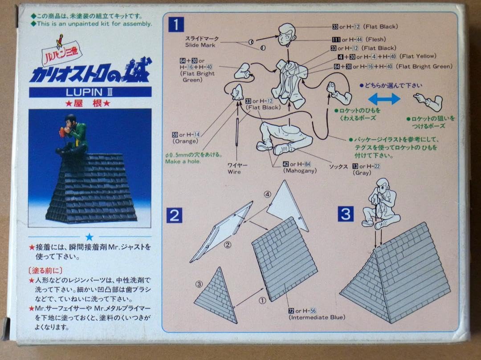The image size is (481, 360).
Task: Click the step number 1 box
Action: (x=177, y=24)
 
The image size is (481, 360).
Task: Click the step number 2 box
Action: (x=175, y=216)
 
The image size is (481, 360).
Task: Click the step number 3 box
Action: (x=345, y=215)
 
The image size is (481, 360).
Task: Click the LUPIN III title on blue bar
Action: (x=90, y=92)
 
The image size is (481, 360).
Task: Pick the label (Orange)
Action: (x=185, y=141)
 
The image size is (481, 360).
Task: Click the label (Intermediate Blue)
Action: (x=317, y=317)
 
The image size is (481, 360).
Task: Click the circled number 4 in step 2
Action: (x=267, y=194)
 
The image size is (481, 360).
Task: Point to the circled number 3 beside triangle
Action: (x=200, y=284)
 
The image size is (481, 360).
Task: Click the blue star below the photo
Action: (x=90, y=237)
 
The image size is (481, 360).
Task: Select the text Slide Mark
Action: (x=200, y=45)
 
